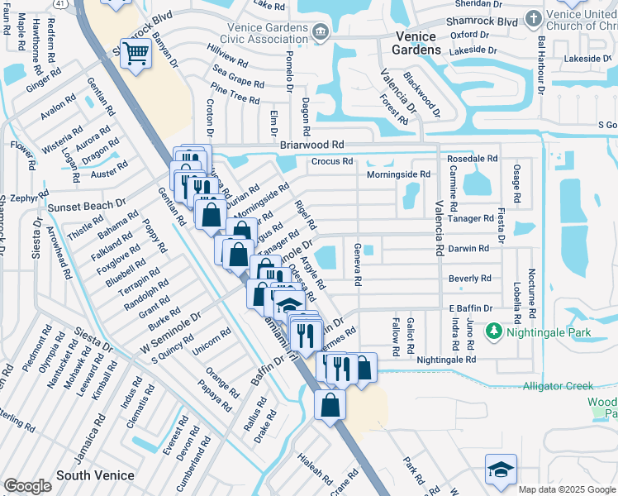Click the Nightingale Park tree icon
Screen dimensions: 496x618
(x=494, y=331)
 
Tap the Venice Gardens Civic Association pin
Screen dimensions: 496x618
(x=321, y=32)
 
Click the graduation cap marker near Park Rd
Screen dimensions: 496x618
(x=501, y=469)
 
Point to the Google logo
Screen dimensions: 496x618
(x=27, y=486)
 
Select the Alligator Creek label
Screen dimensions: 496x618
(x=558, y=386)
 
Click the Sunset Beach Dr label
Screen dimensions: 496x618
(x=86, y=204)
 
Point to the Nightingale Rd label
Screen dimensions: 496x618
(x=446, y=360)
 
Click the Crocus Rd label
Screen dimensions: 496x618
(x=332, y=161)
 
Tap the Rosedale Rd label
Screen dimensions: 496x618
(x=472, y=158)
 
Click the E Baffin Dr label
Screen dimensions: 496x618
(x=470, y=308)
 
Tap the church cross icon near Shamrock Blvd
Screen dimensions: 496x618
(x=534, y=18)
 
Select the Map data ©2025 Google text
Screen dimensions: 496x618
(x=566, y=489)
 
